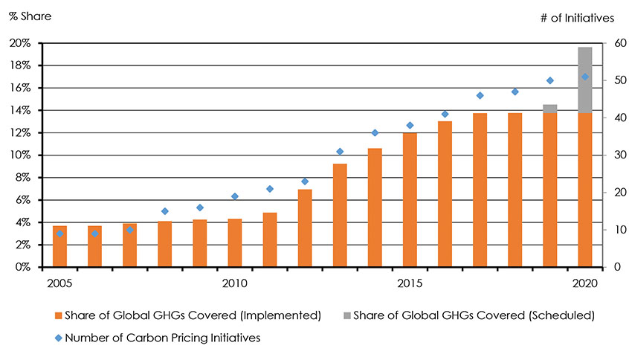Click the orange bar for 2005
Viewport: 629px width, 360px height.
pos(59,246)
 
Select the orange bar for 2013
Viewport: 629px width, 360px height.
pos(340,216)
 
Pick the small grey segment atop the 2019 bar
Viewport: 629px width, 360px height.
pos(550,109)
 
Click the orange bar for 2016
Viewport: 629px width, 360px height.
pos(445,194)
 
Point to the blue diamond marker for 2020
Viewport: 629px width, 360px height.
pos(585,77)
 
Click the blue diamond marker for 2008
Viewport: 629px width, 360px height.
pos(165,211)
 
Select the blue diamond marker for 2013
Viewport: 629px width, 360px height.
pos(340,152)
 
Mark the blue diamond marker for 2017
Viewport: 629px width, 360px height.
pos(480,95)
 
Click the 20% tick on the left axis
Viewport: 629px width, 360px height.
pos(21,43)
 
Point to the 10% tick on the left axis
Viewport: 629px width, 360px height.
pos(21,155)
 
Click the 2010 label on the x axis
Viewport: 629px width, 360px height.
pos(235,283)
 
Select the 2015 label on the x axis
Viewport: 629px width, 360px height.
pos(410,283)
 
